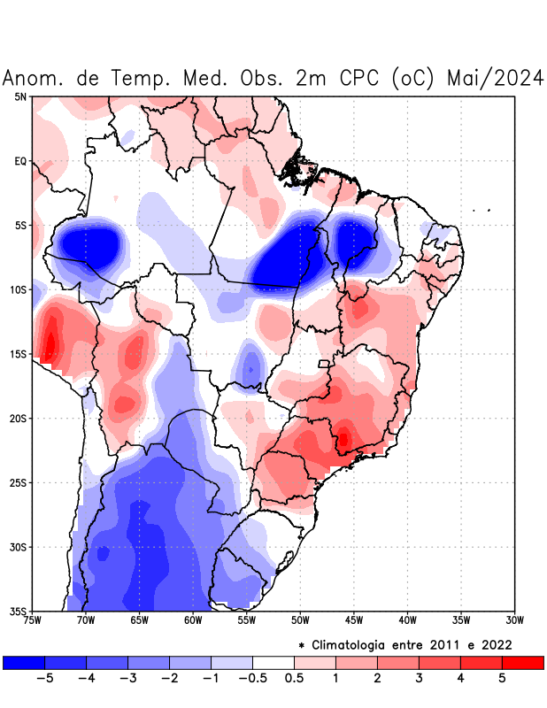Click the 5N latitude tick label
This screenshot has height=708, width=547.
20,96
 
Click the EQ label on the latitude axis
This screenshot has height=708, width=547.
20,161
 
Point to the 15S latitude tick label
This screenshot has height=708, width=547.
19,354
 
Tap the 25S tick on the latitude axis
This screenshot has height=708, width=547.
19,482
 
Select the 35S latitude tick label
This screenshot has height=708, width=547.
19,611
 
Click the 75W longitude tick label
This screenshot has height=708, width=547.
32,620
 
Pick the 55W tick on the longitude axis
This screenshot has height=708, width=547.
246,620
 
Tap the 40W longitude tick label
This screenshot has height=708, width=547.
407,620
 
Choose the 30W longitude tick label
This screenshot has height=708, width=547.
514,620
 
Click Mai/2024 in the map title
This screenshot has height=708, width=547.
495,78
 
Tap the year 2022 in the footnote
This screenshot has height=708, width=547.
496,644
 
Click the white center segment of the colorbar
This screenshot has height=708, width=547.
273,662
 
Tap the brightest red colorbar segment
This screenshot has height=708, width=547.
522,662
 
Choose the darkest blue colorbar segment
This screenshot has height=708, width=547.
24,662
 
